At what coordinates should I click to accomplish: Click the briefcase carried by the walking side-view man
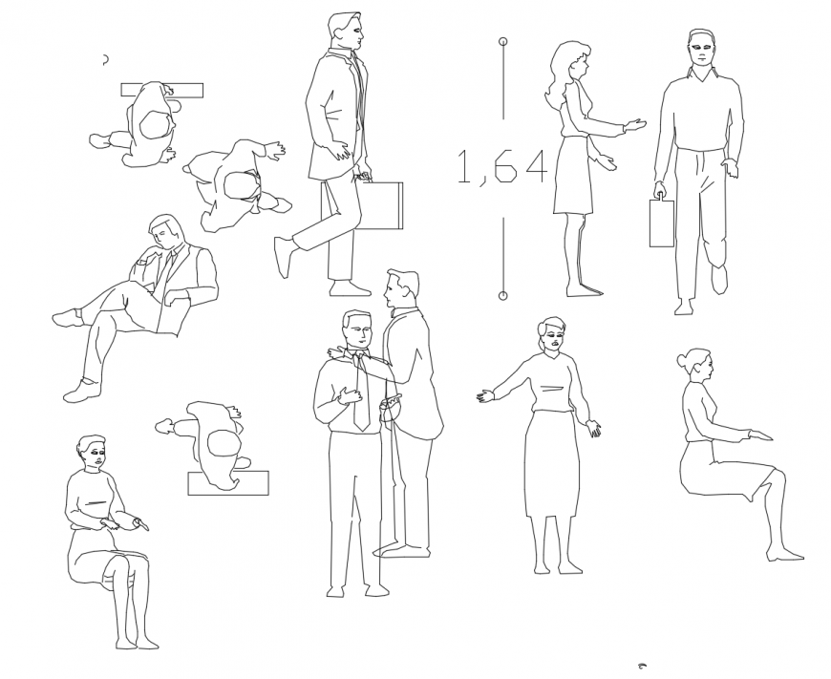click(x=381, y=205)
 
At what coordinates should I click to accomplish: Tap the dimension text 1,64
click(x=501, y=167)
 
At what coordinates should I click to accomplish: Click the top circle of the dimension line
click(x=503, y=42)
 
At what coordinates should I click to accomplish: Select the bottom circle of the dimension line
click(x=503, y=295)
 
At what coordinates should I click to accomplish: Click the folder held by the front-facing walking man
click(x=661, y=223)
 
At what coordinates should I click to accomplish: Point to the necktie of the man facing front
click(x=361, y=392)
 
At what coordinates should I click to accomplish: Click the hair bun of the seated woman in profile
click(x=681, y=360)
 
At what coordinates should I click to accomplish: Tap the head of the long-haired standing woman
click(x=573, y=63)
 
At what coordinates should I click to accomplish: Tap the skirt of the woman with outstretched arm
click(x=552, y=463)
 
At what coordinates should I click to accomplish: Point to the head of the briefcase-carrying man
click(x=345, y=32)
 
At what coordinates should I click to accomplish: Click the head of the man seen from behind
click(x=402, y=287)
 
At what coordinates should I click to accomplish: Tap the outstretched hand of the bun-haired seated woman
click(x=761, y=436)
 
